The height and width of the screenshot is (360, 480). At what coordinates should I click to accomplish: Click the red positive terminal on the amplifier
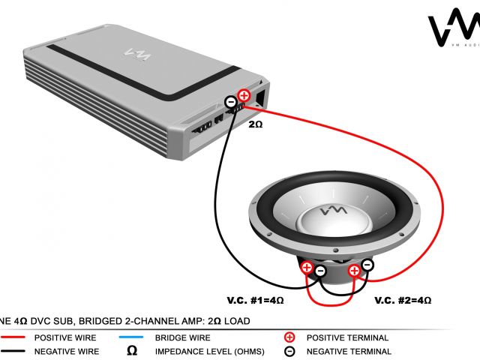click(x=243, y=95)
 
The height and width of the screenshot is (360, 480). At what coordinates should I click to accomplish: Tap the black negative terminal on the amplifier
click(x=231, y=101)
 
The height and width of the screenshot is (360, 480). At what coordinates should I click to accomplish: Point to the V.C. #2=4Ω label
click(x=403, y=300)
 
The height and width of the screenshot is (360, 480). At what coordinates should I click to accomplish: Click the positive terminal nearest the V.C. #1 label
click(x=307, y=266)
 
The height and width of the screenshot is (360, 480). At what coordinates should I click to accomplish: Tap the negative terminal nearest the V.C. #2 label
click(x=367, y=265)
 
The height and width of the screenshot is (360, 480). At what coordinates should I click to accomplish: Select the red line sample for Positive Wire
click(x=15, y=338)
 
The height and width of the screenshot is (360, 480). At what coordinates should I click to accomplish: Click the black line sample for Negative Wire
click(x=15, y=351)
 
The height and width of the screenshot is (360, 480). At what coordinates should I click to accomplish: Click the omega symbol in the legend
click(x=132, y=351)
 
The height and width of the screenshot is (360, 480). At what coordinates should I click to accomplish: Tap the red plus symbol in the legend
click(x=290, y=338)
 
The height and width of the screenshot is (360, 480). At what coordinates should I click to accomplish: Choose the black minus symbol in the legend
click(x=290, y=351)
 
